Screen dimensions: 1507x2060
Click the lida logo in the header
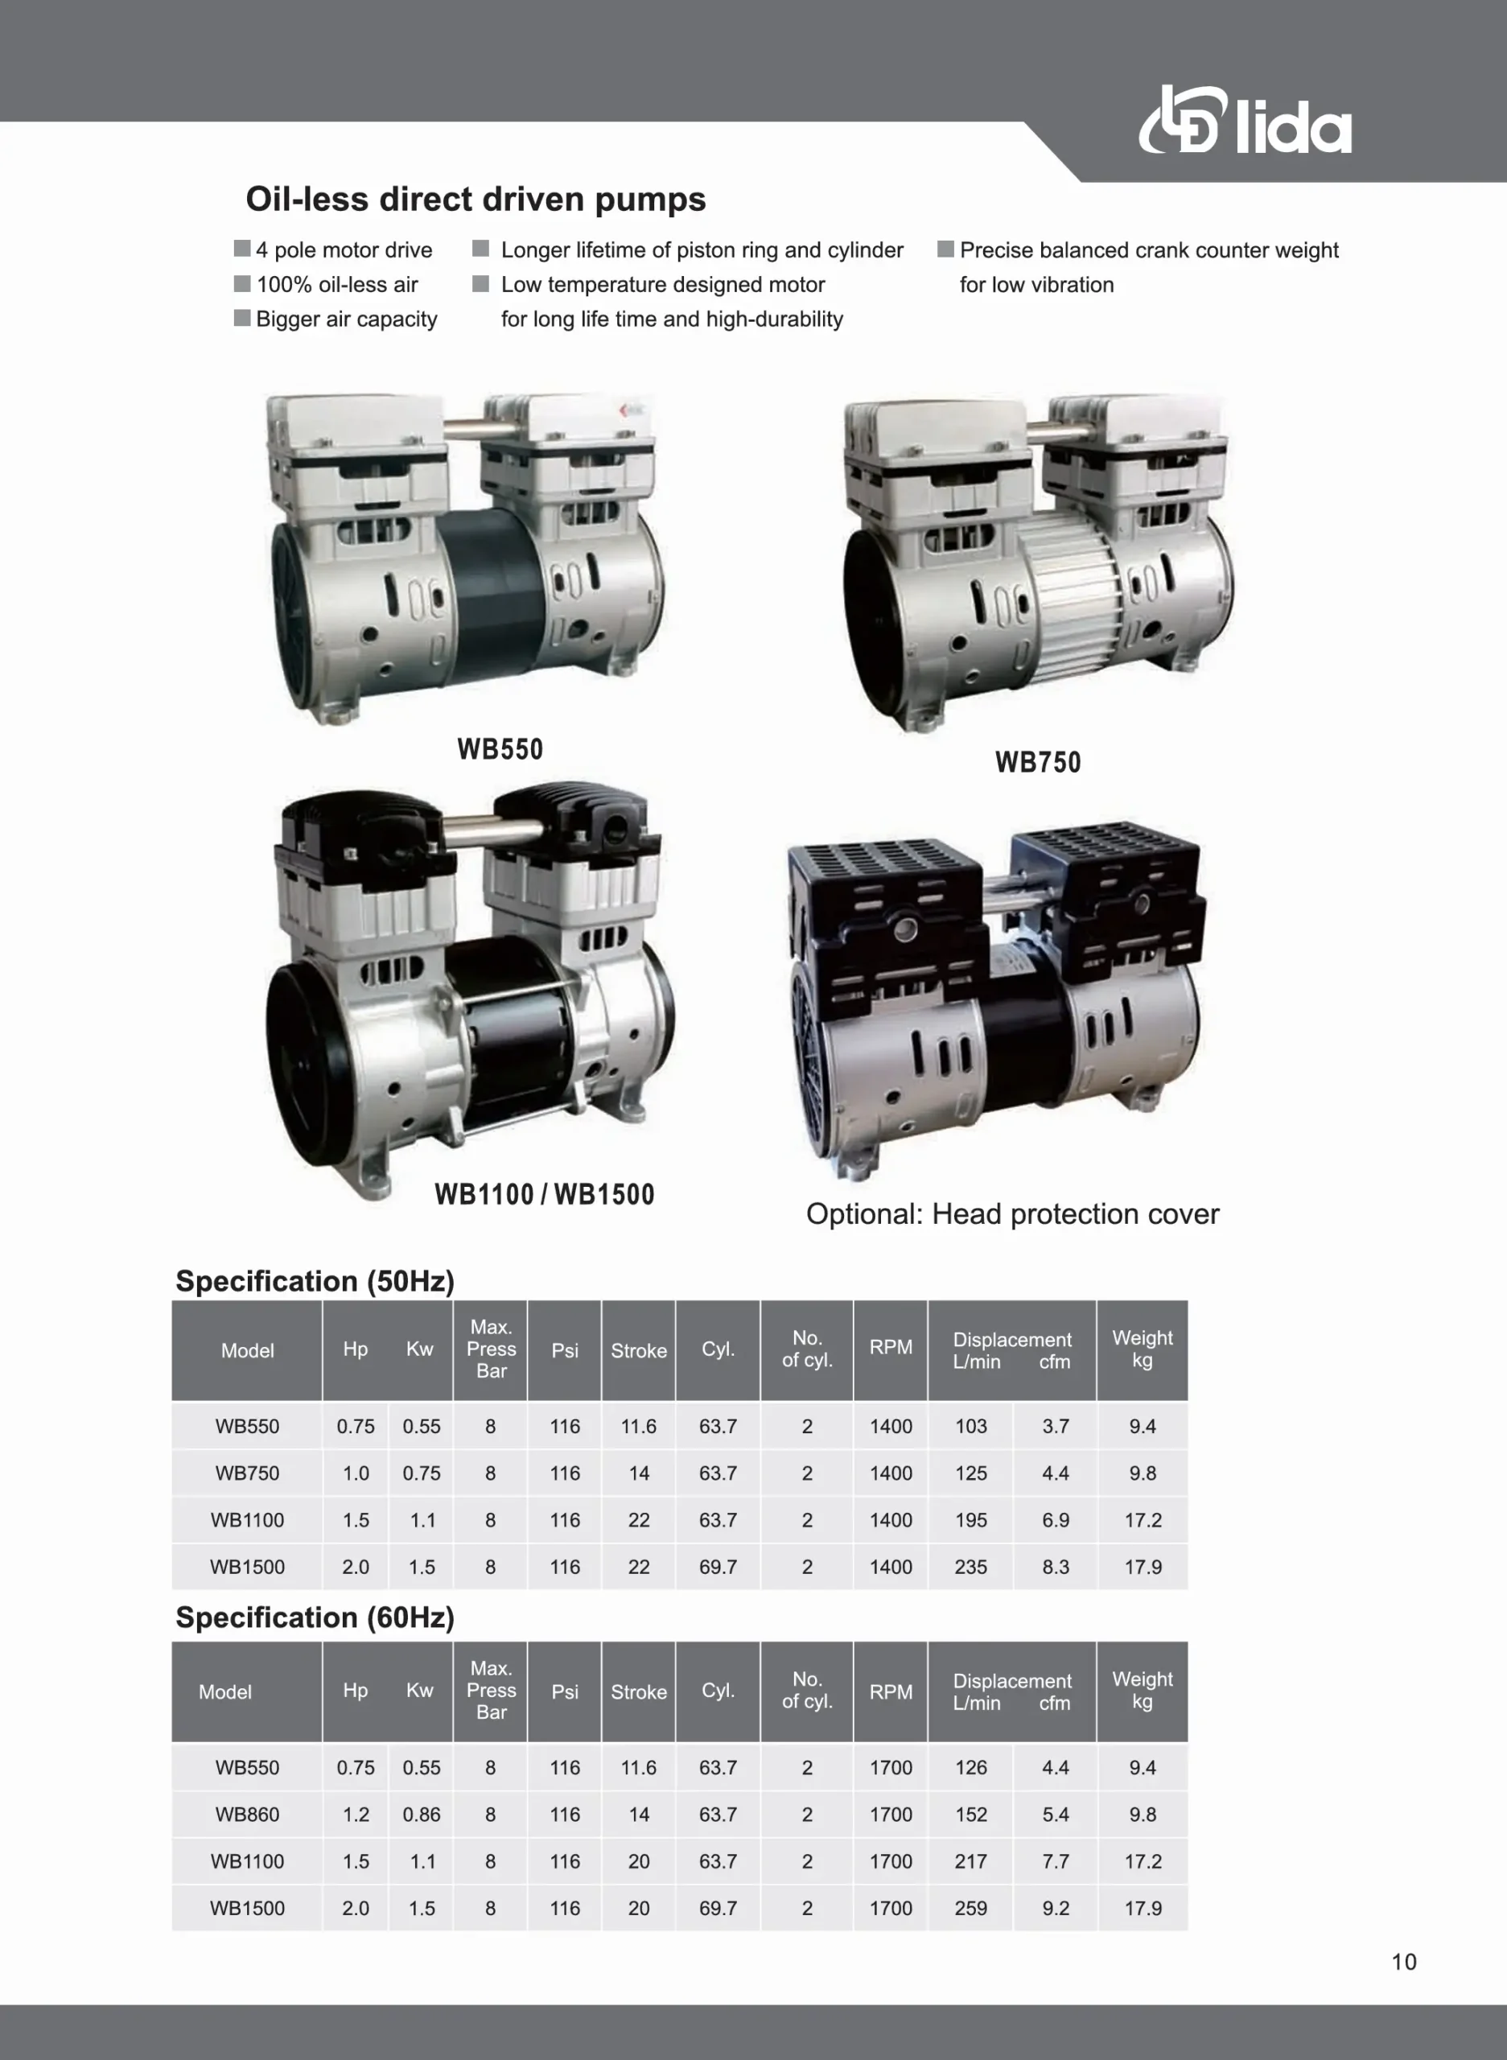(x=1246, y=121)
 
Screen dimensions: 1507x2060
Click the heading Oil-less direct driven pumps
(x=476, y=199)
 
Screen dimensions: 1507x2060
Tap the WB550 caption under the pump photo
(x=500, y=749)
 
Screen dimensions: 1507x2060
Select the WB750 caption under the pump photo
(x=1038, y=762)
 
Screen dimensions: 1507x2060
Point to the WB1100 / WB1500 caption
(x=545, y=1194)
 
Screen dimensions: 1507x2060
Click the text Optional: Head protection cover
(x=1012, y=1214)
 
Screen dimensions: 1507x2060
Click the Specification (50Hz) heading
(x=315, y=1281)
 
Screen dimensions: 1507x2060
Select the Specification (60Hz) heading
(x=315, y=1617)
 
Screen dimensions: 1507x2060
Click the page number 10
(x=1404, y=1963)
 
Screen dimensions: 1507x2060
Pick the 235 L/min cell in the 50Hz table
(x=970, y=1568)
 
